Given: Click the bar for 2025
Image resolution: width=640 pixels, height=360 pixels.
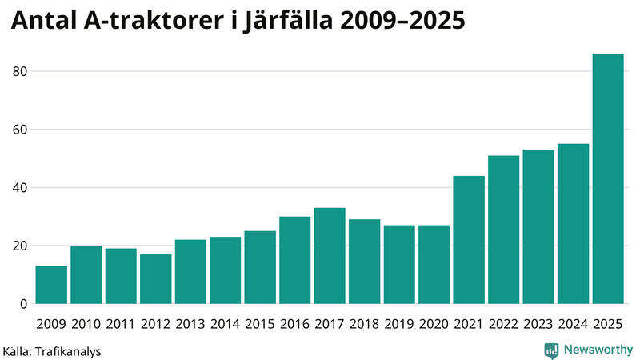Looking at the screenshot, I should tap(608, 179).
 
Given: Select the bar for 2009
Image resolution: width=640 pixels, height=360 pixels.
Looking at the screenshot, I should tap(51, 285).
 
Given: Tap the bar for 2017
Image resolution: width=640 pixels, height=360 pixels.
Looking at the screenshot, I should tap(330, 256).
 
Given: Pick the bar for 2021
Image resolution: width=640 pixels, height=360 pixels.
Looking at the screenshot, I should tap(469, 240).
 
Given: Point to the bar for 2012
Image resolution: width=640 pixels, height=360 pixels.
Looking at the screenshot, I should tap(155, 279).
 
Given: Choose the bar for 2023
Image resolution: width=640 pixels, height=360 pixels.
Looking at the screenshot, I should tap(538, 226).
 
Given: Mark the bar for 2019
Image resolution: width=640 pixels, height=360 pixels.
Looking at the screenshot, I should tap(399, 265).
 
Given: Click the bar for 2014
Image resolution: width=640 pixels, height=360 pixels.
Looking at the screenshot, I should tap(225, 270).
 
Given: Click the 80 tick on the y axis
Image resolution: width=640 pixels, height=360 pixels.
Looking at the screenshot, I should tap(20, 72).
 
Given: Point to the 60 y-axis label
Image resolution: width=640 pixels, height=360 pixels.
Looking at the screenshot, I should tap(20, 130).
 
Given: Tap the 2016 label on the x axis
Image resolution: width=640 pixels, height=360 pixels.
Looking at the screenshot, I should tap(294, 323).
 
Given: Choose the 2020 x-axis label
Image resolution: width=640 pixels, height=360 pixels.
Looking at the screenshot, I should tap(434, 323).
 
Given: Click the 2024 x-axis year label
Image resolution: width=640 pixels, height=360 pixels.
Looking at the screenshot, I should tap(573, 323).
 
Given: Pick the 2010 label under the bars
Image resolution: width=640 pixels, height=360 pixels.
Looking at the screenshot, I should tap(86, 323).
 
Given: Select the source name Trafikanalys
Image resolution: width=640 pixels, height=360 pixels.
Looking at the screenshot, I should tap(68, 350).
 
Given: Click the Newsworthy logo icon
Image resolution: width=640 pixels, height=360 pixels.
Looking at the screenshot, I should tap(551, 350).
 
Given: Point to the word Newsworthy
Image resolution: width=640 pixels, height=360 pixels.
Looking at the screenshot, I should tap(598, 350).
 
